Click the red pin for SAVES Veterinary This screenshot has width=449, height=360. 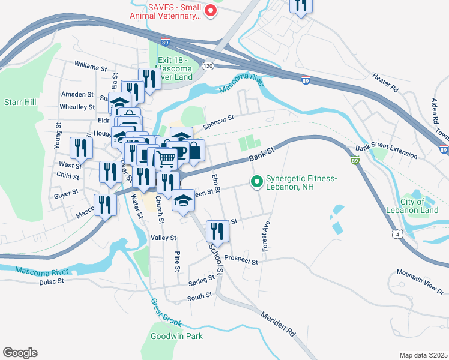tap(210, 10)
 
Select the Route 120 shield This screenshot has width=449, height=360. tap(208, 65)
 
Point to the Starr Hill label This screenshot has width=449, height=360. tap(20, 103)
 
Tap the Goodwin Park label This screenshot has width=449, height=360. tap(175, 336)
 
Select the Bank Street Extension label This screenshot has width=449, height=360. tap(386, 151)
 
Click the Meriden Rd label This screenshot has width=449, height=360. tap(279, 323)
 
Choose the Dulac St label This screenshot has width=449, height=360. tap(51, 281)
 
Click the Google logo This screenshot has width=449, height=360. tap(20, 353)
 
